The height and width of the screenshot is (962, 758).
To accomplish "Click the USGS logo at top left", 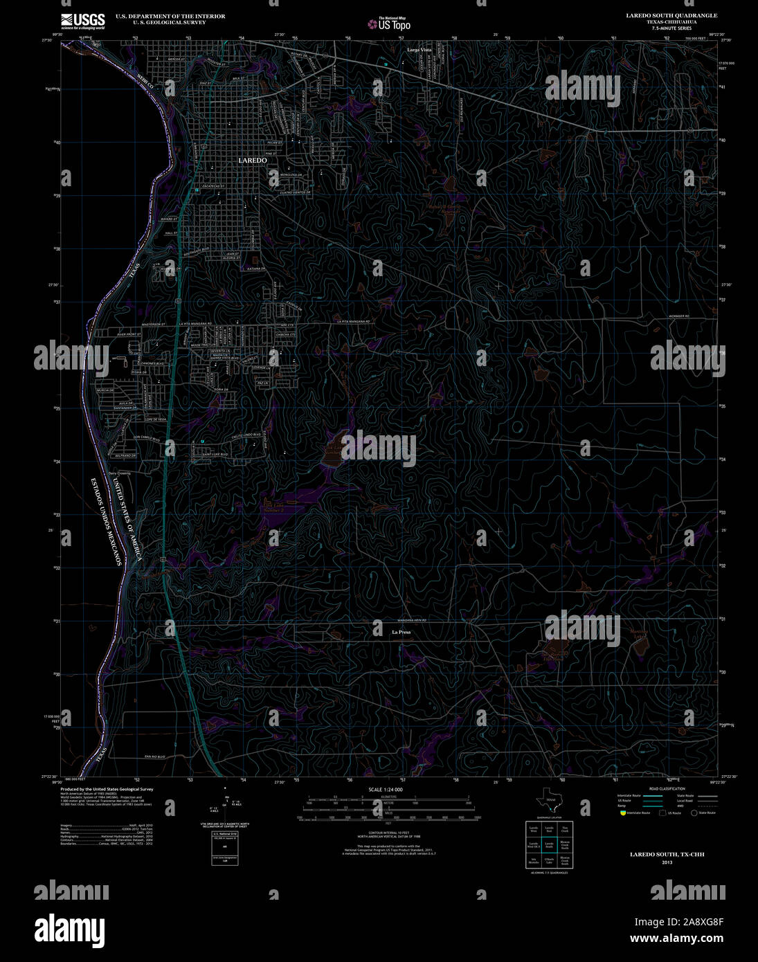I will [83, 21].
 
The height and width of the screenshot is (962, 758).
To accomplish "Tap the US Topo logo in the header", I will [389, 24].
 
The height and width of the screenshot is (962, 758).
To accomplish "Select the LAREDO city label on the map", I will [252, 160].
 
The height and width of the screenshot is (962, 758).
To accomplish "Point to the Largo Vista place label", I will [419, 50].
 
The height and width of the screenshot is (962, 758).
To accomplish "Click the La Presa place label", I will [401, 632].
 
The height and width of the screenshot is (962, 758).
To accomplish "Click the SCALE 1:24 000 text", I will [386, 790].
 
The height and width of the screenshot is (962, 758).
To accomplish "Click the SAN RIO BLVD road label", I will [155, 756].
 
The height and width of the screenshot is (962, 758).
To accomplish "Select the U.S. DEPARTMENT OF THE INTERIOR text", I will [170, 16].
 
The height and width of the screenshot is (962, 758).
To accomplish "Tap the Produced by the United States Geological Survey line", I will [107, 789].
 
